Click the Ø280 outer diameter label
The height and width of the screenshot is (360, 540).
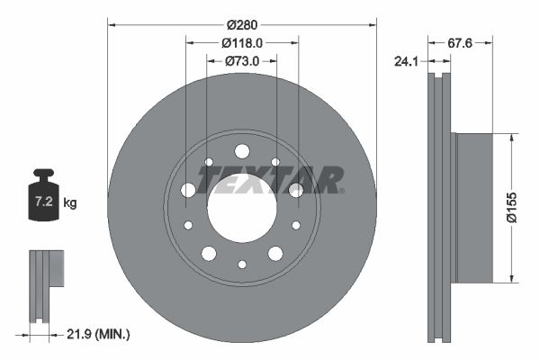point(242,22)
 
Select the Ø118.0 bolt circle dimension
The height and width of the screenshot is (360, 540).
point(242,42)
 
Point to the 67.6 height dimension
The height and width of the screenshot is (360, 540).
point(461,41)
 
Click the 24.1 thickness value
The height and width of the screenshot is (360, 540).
point(409,63)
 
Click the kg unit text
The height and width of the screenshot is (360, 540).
point(70,203)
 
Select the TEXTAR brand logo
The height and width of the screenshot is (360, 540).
point(270,179)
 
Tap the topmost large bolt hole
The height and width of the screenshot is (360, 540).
point(241,151)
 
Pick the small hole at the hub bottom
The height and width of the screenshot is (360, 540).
point(241,264)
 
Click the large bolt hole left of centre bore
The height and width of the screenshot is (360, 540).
point(188,190)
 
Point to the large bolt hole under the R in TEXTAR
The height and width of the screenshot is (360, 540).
point(296,190)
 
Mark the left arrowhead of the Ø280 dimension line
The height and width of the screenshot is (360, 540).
point(112,22)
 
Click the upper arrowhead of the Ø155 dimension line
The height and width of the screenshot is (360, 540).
point(512,138)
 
